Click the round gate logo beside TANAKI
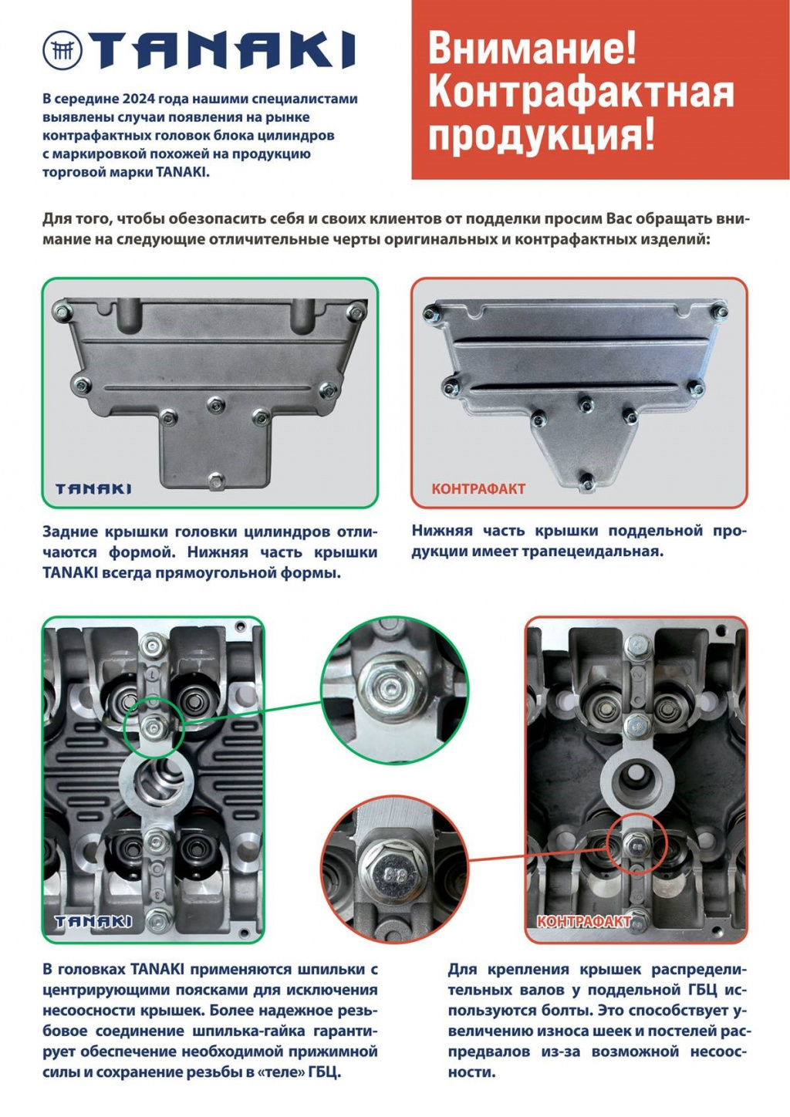pyautogui.click(x=62, y=50)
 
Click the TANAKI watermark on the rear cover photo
pyautogui.click(x=93, y=489)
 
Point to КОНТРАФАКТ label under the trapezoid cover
pyautogui.click(x=478, y=489)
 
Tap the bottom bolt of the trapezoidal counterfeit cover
pyautogui.click(x=588, y=481)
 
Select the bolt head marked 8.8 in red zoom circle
pyautogui.click(x=390, y=872)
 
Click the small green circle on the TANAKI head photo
pyautogui.click(x=153, y=728)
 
